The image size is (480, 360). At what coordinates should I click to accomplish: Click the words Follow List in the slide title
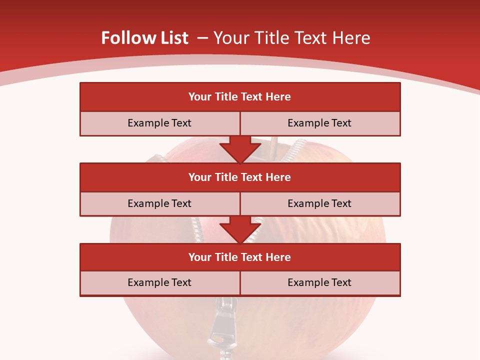click(144, 38)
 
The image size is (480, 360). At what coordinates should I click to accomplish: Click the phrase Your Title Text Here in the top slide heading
click(291, 38)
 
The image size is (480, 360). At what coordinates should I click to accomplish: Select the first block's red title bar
click(240, 97)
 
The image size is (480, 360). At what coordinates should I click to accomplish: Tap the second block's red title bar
click(240, 177)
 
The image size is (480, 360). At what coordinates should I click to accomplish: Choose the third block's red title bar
click(240, 257)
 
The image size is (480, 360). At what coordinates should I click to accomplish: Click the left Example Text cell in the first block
click(159, 123)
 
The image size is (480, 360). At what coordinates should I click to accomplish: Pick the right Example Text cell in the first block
click(319, 123)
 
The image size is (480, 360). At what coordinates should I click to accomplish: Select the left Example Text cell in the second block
click(159, 203)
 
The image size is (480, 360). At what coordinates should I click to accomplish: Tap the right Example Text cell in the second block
click(319, 203)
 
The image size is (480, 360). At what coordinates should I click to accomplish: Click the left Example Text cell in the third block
click(159, 282)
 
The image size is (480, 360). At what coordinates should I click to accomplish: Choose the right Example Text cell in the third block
click(319, 282)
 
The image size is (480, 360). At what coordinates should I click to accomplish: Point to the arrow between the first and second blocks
click(240, 148)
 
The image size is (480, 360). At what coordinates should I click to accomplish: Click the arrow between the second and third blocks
click(240, 229)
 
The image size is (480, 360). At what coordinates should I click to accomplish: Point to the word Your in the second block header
click(200, 177)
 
